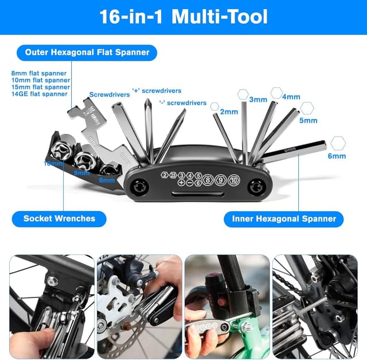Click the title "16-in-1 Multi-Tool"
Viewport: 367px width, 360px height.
click(183, 16)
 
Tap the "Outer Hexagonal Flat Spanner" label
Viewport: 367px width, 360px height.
click(87, 52)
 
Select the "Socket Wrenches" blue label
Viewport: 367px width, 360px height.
click(59, 218)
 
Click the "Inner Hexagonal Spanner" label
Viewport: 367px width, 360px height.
click(284, 219)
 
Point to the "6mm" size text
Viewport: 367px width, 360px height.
click(337, 156)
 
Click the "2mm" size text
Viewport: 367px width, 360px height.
click(229, 111)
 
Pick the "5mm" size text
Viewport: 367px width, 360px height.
click(308, 121)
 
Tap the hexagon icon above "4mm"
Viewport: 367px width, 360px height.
click(276, 92)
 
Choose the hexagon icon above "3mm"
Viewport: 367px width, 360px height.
click(243, 93)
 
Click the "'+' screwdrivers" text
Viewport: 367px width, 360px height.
click(157, 91)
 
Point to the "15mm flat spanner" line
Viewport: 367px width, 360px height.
click(41, 87)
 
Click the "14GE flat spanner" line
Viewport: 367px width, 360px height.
click(40, 94)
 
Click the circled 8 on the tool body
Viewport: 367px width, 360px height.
click(207, 179)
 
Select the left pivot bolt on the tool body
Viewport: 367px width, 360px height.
click(139, 186)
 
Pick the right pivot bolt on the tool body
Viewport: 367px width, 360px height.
click(257, 186)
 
